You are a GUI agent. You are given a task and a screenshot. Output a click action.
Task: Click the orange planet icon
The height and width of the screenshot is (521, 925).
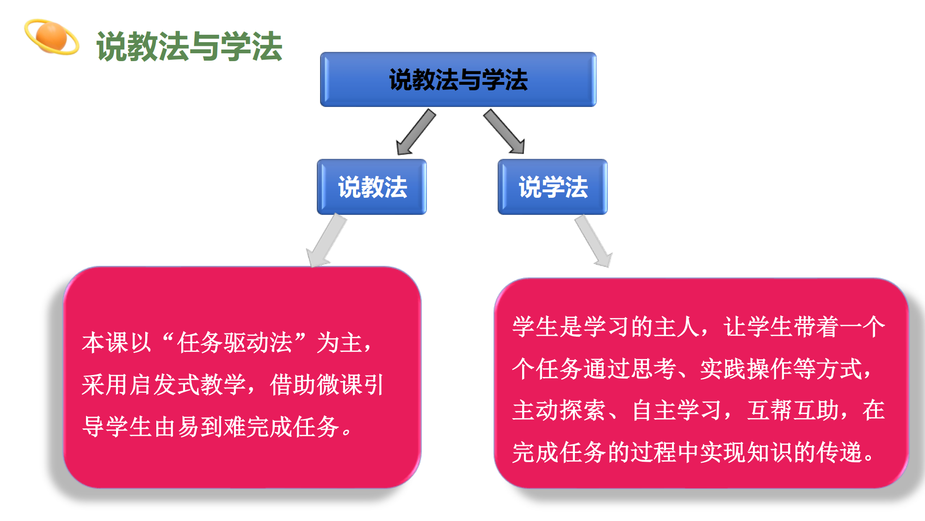click(52, 37)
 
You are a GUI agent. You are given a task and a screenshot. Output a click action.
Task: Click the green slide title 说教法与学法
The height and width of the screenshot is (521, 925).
click(189, 46)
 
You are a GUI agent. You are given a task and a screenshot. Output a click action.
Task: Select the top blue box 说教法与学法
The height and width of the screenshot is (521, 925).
click(458, 80)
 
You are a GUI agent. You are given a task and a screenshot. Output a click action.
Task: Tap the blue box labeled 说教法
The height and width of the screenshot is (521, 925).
click(372, 187)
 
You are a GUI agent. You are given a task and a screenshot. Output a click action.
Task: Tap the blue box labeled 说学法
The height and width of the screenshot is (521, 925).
click(553, 187)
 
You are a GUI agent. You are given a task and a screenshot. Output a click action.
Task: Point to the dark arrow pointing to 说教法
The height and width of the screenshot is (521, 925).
click(415, 132)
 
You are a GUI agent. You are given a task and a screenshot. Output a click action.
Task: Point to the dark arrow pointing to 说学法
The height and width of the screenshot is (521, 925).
click(505, 132)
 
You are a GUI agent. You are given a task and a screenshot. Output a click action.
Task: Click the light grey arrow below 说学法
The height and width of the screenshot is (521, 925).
click(594, 241)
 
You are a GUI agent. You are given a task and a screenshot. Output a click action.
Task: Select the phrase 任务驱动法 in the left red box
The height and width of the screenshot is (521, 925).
click(235, 343)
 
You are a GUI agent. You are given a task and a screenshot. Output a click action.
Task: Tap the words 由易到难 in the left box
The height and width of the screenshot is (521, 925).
click(200, 427)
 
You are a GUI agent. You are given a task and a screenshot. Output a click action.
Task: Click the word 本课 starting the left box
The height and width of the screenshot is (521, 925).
click(105, 343)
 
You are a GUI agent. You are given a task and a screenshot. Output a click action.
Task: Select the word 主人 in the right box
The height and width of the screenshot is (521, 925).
click(677, 326)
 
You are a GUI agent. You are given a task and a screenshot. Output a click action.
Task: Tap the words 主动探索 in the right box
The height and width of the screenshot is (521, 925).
click(559, 410)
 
